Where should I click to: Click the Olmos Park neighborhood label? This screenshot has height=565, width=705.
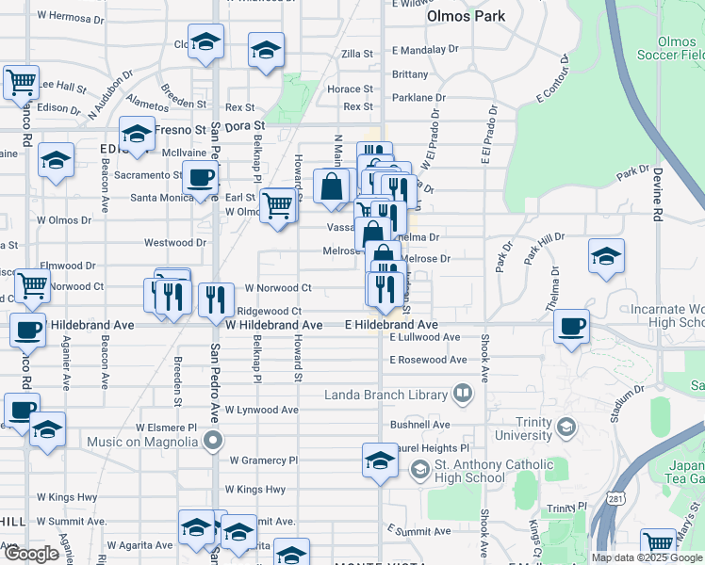[x=466, y=16]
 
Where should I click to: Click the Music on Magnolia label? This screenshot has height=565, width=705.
[x=144, y=441]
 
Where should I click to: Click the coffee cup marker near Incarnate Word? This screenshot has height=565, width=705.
[x=571, y=327]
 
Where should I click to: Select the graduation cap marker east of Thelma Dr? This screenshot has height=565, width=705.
[x=606, y=256]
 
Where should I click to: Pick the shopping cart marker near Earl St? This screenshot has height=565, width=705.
[x=277, y=204]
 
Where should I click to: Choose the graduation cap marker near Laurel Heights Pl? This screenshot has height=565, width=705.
[x=380, y=461]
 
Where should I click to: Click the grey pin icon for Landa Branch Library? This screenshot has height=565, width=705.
[x=463, y=393]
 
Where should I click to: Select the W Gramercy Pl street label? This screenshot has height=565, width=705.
[x=263, y=460]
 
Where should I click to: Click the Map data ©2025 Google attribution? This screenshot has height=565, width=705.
[x=648, y=557]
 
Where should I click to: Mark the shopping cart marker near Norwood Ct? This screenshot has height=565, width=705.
[x=33, y=284]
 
